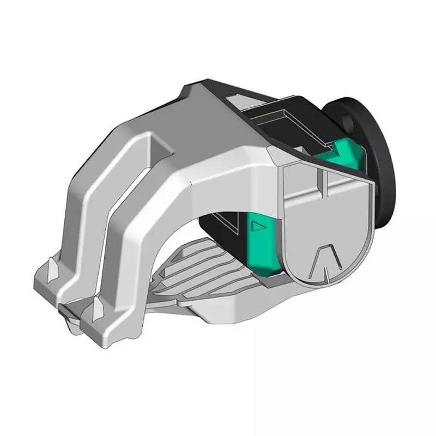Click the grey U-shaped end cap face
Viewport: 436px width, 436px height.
(x=327, y=229)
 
